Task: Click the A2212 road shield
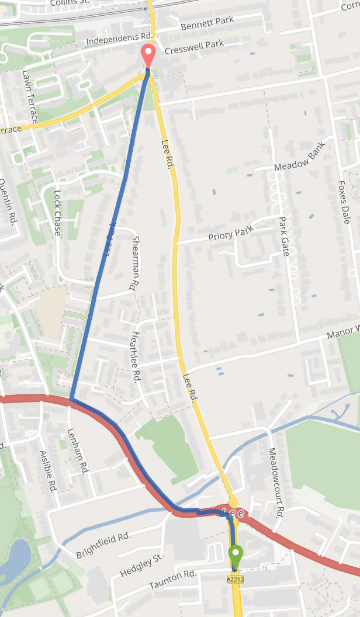pyautogui.click(x=235, y=579)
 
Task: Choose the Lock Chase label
pyautogui.click(x=57, y=213)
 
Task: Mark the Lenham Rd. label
pyautogui.click(x=78, y=451)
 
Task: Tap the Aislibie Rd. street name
pyautogui.click(x=47, y=471)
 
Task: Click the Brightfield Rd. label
pyautogui.click(x=103, y=545)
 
